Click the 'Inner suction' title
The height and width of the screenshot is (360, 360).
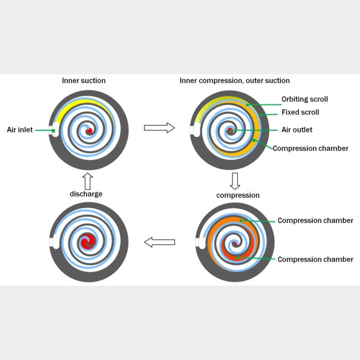84,80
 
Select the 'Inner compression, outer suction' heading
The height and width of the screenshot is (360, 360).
234,80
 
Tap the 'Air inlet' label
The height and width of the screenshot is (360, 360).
19,130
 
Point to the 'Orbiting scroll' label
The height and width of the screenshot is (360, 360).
305,99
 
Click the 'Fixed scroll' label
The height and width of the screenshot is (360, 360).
300,112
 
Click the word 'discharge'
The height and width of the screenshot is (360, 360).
86,194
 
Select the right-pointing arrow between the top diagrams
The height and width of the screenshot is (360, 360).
159,127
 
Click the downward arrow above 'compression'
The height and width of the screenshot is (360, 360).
234,179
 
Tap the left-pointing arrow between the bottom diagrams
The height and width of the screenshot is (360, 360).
159,242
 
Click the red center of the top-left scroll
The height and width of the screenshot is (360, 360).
89,131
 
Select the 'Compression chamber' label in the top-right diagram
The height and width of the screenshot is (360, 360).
310,148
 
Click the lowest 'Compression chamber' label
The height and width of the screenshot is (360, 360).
315,259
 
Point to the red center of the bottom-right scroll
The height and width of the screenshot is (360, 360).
235,243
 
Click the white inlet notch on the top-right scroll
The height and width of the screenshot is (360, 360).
193,130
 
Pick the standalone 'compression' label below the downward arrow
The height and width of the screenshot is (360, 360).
238,195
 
